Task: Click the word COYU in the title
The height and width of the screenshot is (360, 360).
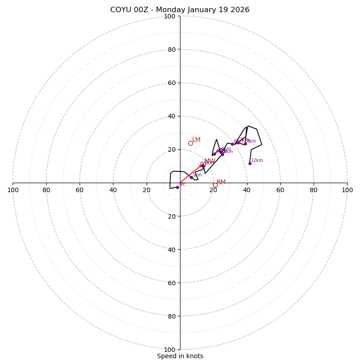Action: [121, 10]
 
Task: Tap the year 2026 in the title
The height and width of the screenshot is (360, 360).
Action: [239, 10]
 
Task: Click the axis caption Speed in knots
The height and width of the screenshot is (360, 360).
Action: [180, 356]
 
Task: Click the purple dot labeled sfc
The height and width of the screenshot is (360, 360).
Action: [177, 187]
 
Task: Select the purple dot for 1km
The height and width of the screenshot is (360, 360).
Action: [191, 177]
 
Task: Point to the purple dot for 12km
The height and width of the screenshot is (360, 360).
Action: [250, 163]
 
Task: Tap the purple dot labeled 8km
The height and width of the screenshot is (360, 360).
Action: [245, 144]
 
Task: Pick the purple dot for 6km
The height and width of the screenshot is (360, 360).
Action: [232, 144]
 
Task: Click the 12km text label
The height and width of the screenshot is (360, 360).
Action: [257, 161]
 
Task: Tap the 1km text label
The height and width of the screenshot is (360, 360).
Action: [197, 175]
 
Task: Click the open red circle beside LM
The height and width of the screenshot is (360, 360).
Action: [190, 143]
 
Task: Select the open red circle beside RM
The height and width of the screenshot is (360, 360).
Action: [215, 185]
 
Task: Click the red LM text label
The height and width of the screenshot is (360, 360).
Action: [196, 140]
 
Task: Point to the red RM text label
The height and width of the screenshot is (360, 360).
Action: [221, 182]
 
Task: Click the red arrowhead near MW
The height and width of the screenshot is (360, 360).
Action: [201, 166]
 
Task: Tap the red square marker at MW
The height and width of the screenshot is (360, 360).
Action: [202, 164]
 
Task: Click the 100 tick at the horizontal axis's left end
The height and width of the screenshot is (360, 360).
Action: [13, 190]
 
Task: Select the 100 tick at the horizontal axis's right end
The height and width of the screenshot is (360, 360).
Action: [347, 190]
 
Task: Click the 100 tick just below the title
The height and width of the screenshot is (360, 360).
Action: [169, 16]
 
